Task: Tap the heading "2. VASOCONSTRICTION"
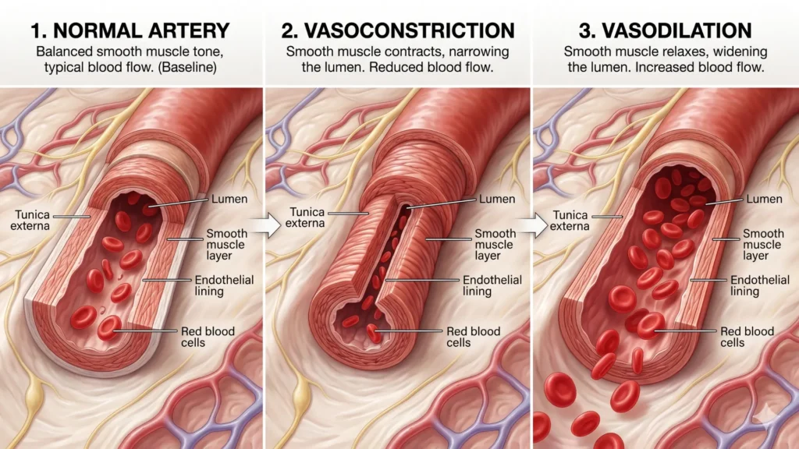click(399, 31)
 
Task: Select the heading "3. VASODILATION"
click(666, 31)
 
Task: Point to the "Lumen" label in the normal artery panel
click(229, 199)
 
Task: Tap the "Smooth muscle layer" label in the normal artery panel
click(226, 244)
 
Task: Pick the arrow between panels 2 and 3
click(533, 226)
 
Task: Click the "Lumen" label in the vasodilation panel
click(765, 199)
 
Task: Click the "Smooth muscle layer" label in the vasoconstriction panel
click(495, 244)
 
